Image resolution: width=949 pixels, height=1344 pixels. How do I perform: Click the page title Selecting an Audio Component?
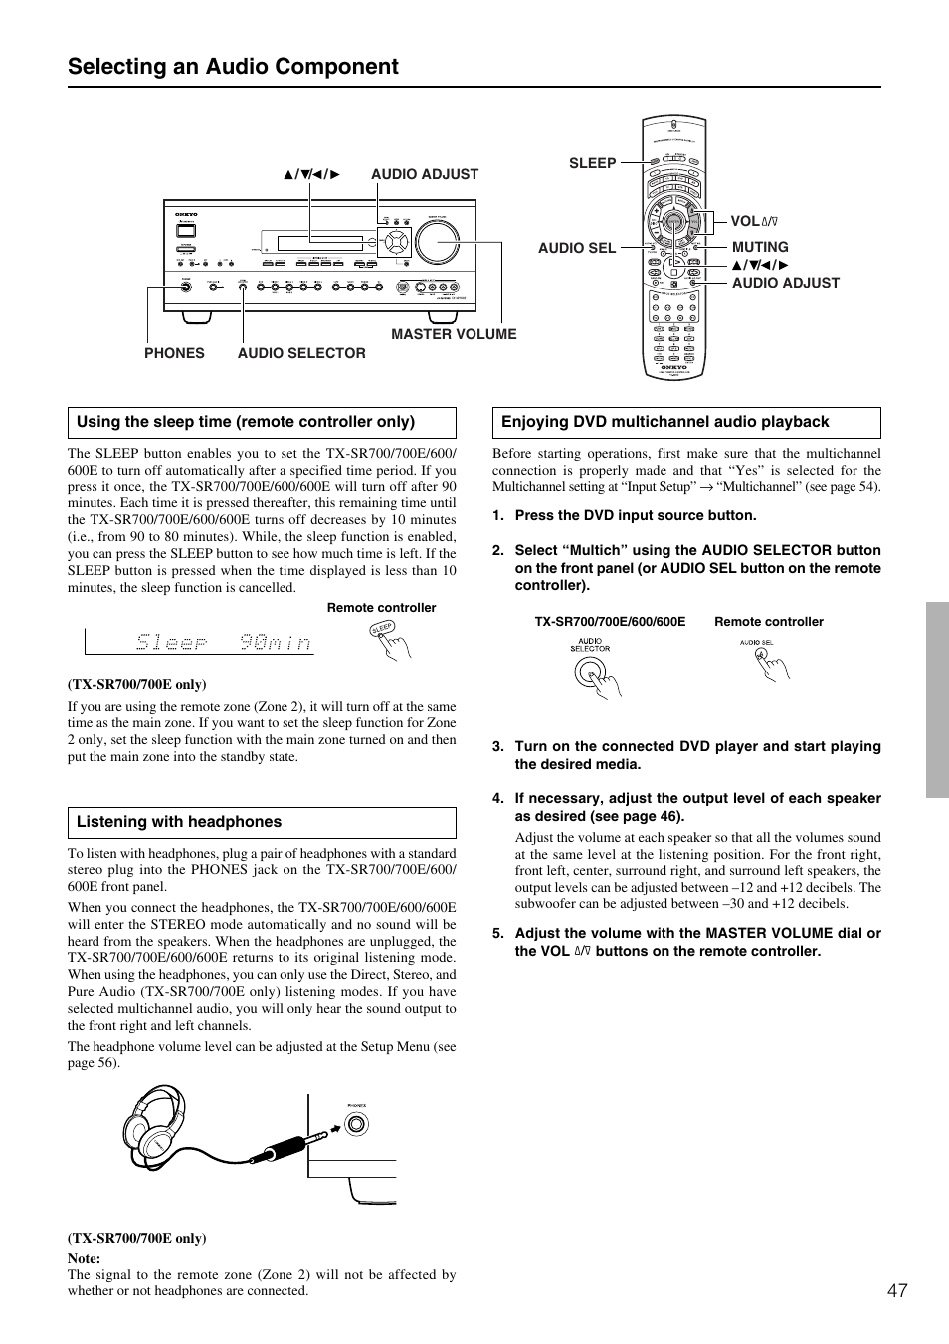pyautogui.click(x=233, y=67)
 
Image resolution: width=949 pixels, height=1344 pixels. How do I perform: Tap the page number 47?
pyautogui.click(x=897, y=1290)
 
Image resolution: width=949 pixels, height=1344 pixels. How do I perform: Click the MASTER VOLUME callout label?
pyautogui.click(x=454, y=334)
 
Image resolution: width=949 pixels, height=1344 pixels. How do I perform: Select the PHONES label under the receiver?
pyautogui.click(x=174, y=353)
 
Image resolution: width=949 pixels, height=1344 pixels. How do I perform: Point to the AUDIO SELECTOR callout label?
pyautogui.click(x=301, y=353)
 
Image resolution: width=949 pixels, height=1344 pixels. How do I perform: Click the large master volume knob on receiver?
pyautogui.click(x=438, y=241)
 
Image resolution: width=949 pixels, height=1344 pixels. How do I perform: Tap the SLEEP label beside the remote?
pyautogui.click(x=592, y=163)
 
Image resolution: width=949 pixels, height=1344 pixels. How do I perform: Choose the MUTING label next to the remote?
pyautogui.click(x=760, y=247)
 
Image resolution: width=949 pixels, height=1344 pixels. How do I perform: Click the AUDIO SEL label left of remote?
pyautogui.click(x=577, y=247)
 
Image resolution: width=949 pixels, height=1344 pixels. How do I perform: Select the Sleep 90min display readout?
pyautogui.click(x=223, y=643)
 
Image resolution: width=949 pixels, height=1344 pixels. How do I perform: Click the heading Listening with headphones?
pyautogui.click(x=179, y=822)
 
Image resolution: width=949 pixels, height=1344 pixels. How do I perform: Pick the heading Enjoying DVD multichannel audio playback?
pyautogui.click(x=664, y=422)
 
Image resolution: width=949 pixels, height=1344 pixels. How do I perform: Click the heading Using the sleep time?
pyautogui.click(x=246, y=422)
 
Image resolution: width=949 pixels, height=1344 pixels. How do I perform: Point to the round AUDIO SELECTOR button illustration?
pyautogui.click(x=590, y=673)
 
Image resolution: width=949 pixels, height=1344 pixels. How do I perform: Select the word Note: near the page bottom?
pyautogui.click(x=84, y=1258)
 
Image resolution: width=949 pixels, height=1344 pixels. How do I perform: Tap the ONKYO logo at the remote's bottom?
pyautogui.click(x=673, y=366)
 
